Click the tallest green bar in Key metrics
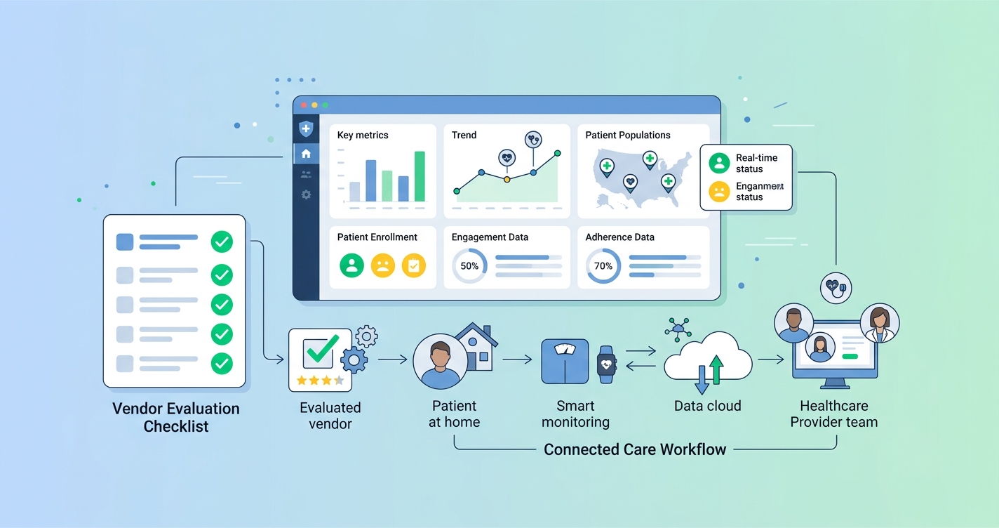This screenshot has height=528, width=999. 420,176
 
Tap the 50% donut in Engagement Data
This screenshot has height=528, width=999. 469,266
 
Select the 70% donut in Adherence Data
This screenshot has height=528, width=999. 603,266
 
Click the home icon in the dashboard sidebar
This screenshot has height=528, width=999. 306,153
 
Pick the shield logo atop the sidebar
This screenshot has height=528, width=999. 306,129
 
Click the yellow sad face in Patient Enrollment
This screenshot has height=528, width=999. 382,265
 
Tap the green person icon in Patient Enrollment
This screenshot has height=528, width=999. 351,265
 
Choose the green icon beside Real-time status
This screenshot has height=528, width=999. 719,163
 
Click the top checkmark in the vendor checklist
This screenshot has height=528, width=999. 222,242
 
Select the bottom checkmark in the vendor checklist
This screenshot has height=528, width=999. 222,363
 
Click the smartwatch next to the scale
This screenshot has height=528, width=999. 606,363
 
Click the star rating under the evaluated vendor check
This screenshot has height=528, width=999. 320,381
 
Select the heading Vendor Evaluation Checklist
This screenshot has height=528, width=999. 176,417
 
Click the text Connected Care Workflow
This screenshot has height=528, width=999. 635,449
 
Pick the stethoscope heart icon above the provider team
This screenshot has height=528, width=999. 836,287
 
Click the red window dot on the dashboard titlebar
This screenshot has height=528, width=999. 304,105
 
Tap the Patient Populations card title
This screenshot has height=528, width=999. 627,135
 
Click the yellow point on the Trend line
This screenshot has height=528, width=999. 507,180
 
